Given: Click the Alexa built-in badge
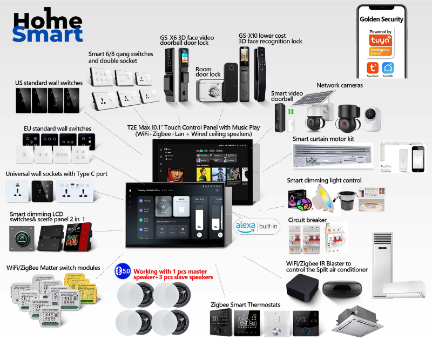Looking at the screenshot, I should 256,226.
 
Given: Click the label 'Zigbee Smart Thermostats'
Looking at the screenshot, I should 246,305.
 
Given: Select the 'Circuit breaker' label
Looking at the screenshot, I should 307,220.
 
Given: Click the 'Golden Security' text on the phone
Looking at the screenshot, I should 382,19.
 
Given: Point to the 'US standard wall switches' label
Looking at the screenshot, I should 49,83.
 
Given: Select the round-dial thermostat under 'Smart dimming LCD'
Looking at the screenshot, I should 21,238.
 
